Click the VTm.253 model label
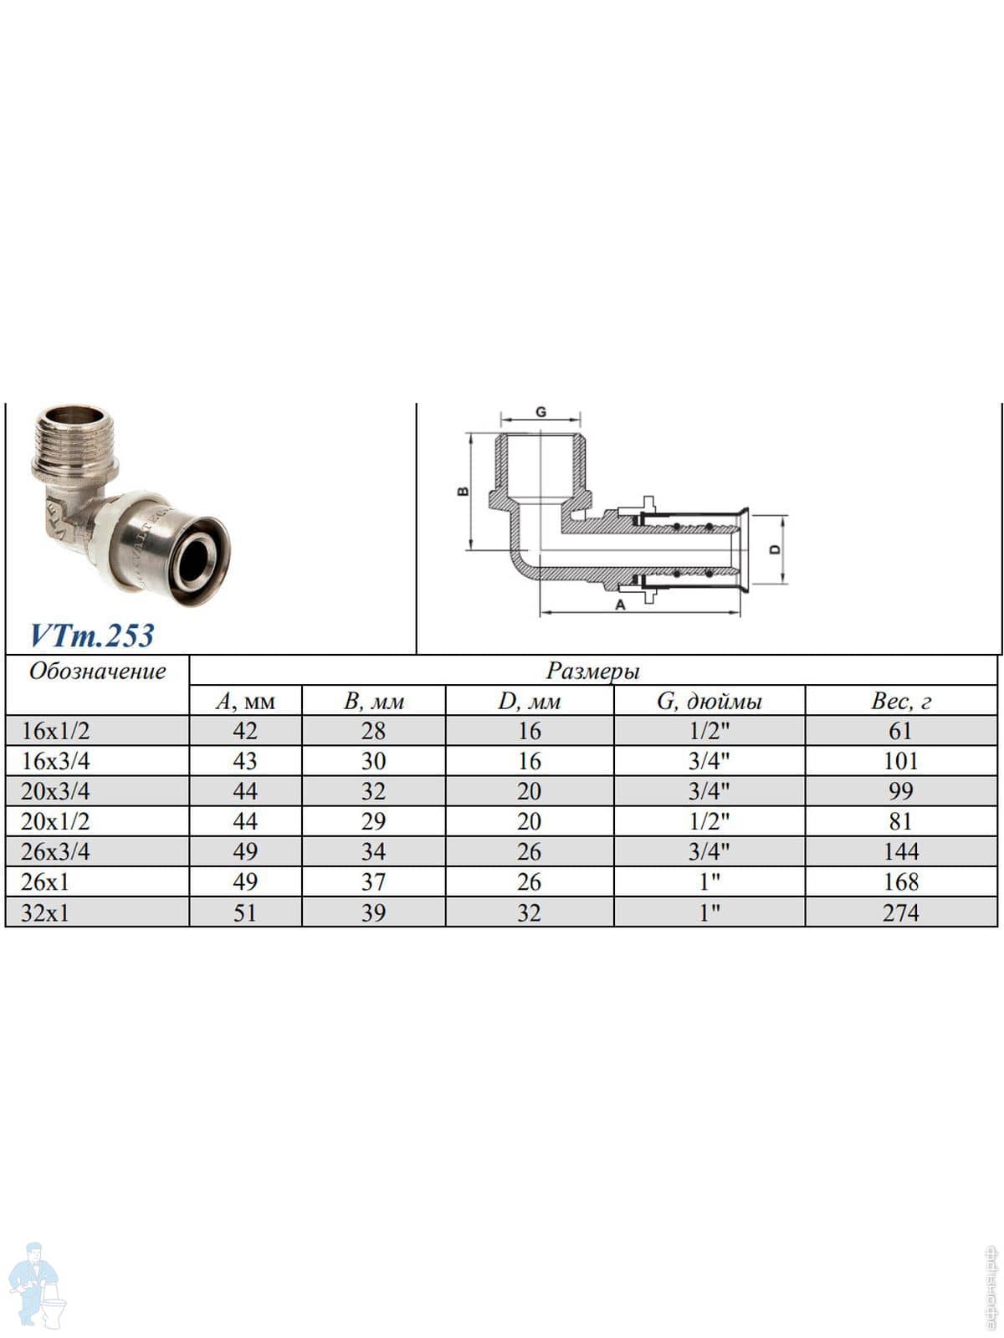[x=91, y=636]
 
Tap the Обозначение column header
[x=98, y=672]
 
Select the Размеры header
[x=592, y=672]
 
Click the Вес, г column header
[x=901, y=702]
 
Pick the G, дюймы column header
[x=709, y=702]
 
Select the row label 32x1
[x=45, y=913]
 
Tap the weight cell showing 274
[x=900, y=913]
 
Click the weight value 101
[x=900, y=761]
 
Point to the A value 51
[x=245, y=913]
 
